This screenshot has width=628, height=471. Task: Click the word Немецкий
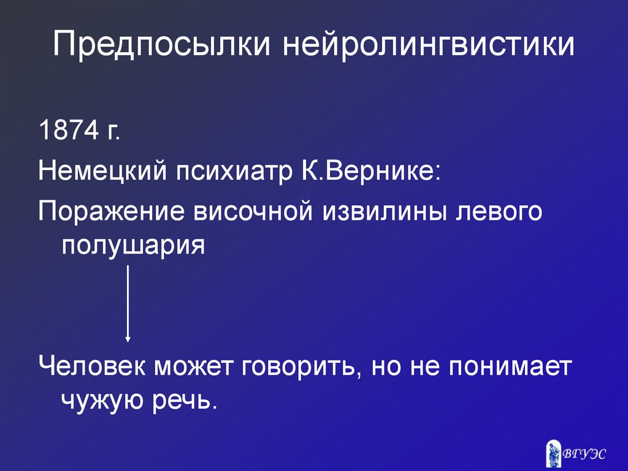point(102,171)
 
